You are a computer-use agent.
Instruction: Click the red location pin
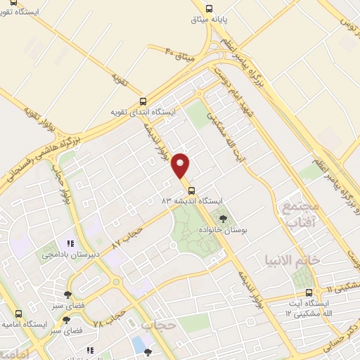181,166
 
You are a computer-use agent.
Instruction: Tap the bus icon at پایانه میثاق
209,8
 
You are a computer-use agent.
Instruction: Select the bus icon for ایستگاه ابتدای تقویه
143,101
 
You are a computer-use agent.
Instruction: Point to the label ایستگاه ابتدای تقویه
143,112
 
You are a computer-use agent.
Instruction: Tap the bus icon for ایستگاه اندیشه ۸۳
191,191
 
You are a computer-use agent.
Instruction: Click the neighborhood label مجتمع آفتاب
300,215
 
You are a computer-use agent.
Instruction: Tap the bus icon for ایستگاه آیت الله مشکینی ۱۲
308,292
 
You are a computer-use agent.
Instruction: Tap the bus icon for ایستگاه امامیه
19,316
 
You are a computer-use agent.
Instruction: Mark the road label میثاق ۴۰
181,50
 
